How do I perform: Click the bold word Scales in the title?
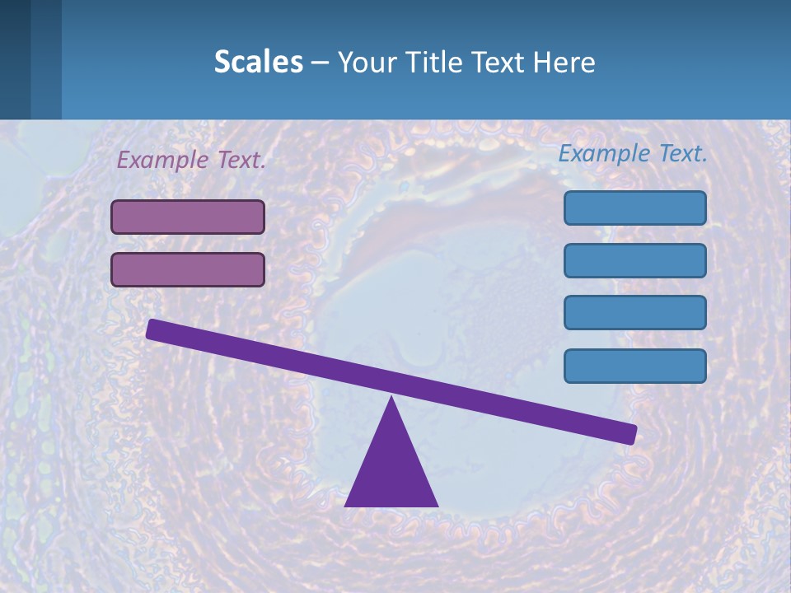point(258,62)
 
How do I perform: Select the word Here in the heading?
point(564,62)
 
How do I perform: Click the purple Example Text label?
point(191,160)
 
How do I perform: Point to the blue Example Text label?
point(633,153)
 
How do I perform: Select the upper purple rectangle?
point(188,217)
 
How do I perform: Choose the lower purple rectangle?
point(188,269)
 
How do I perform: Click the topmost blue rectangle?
point(635,208)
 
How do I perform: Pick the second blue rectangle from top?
point(635,260)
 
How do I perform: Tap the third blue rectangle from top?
point(635,313)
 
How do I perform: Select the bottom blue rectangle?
point(635,366)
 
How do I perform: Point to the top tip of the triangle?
point(391,399)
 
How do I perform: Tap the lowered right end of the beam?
point(630,434)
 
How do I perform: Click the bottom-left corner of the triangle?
point(347,505)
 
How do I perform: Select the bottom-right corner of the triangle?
point(436,505)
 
